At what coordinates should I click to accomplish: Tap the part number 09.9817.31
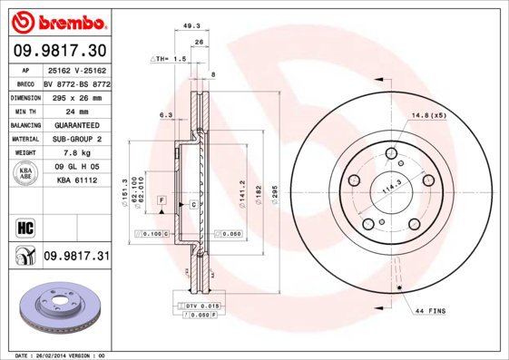(x=76, y=257)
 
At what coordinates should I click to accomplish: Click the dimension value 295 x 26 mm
(x=75, y=95)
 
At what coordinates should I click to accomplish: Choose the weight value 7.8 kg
(x=75, y=153)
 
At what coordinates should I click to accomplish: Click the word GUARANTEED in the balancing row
(x=75, y=124)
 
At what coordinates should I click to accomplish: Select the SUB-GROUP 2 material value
(x=75, y=139)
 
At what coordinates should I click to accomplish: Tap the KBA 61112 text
(x=75, y=181)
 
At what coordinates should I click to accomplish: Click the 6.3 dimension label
(x=166, y=115)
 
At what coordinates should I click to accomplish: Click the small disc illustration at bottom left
(x=54, y=313)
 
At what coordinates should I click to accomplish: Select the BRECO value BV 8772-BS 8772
(x=75, y=82)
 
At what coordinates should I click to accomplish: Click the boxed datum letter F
(x=161, y=199)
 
